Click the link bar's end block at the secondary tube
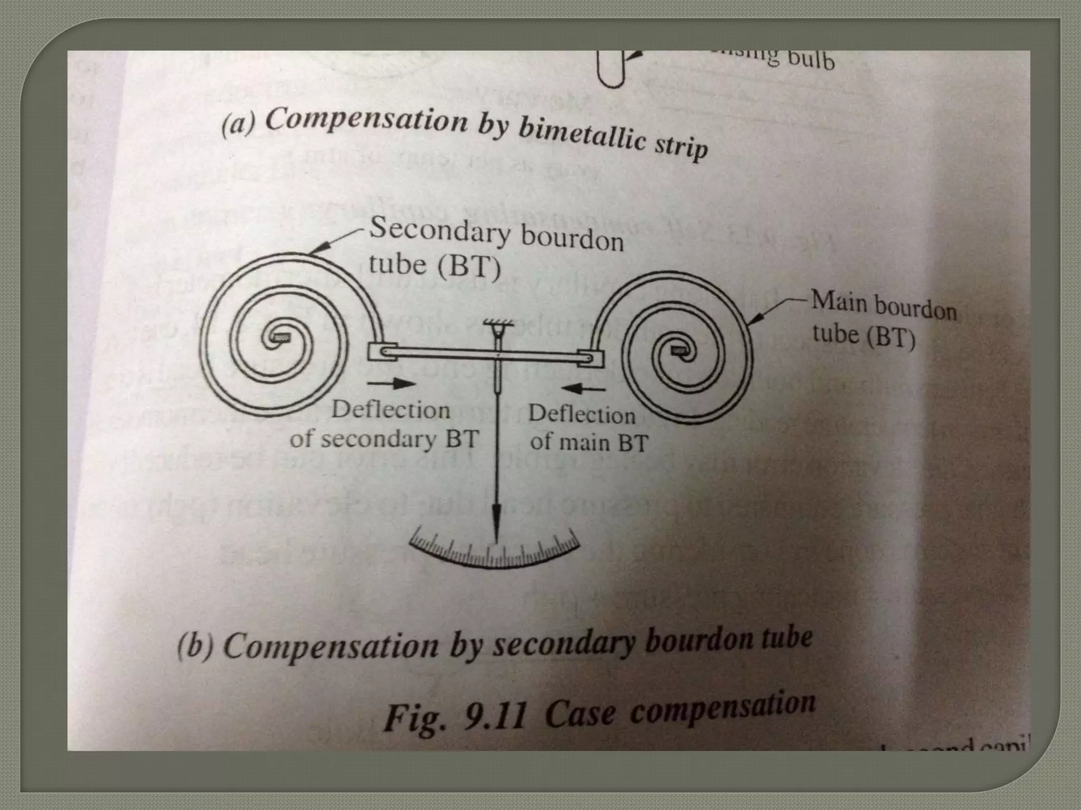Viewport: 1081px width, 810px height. point(382,352)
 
